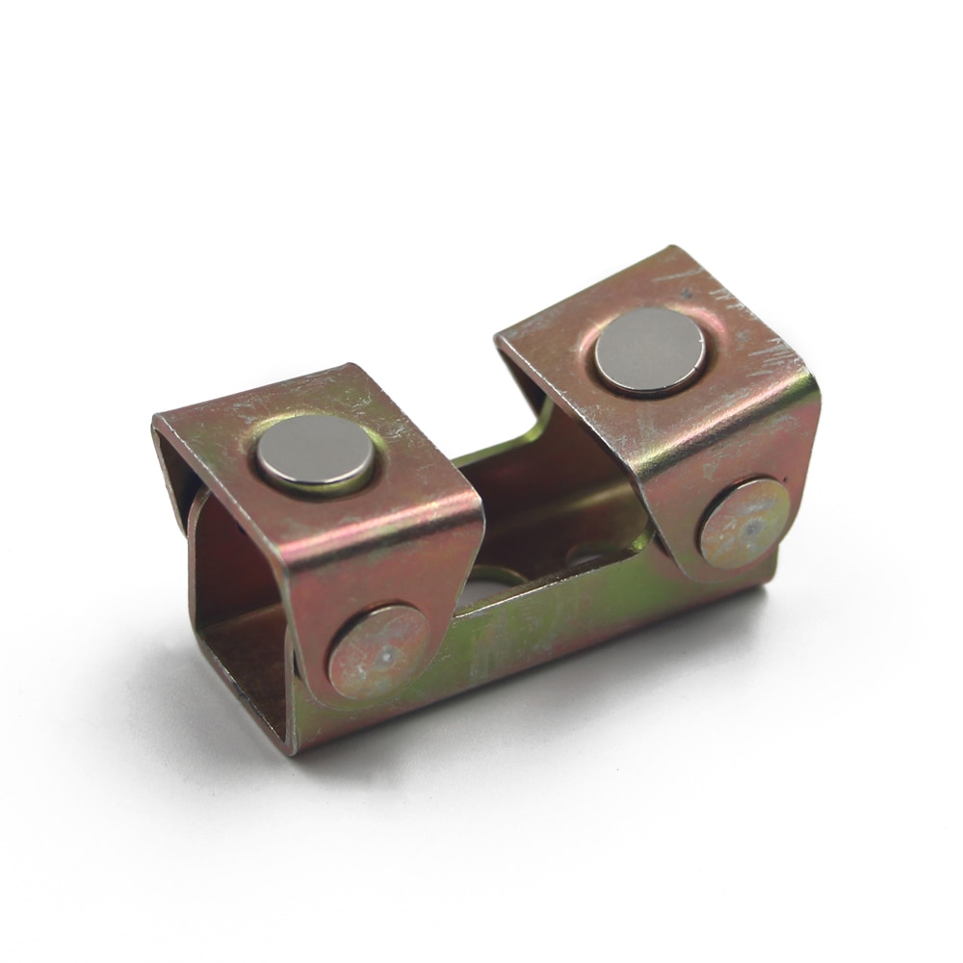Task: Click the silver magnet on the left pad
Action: point(315,452)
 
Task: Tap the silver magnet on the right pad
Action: point(649,351)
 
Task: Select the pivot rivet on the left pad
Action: point(378,651)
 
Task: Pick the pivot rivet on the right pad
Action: point(744,522)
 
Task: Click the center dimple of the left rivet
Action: point(384,655)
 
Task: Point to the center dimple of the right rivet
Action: point(752,527)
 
